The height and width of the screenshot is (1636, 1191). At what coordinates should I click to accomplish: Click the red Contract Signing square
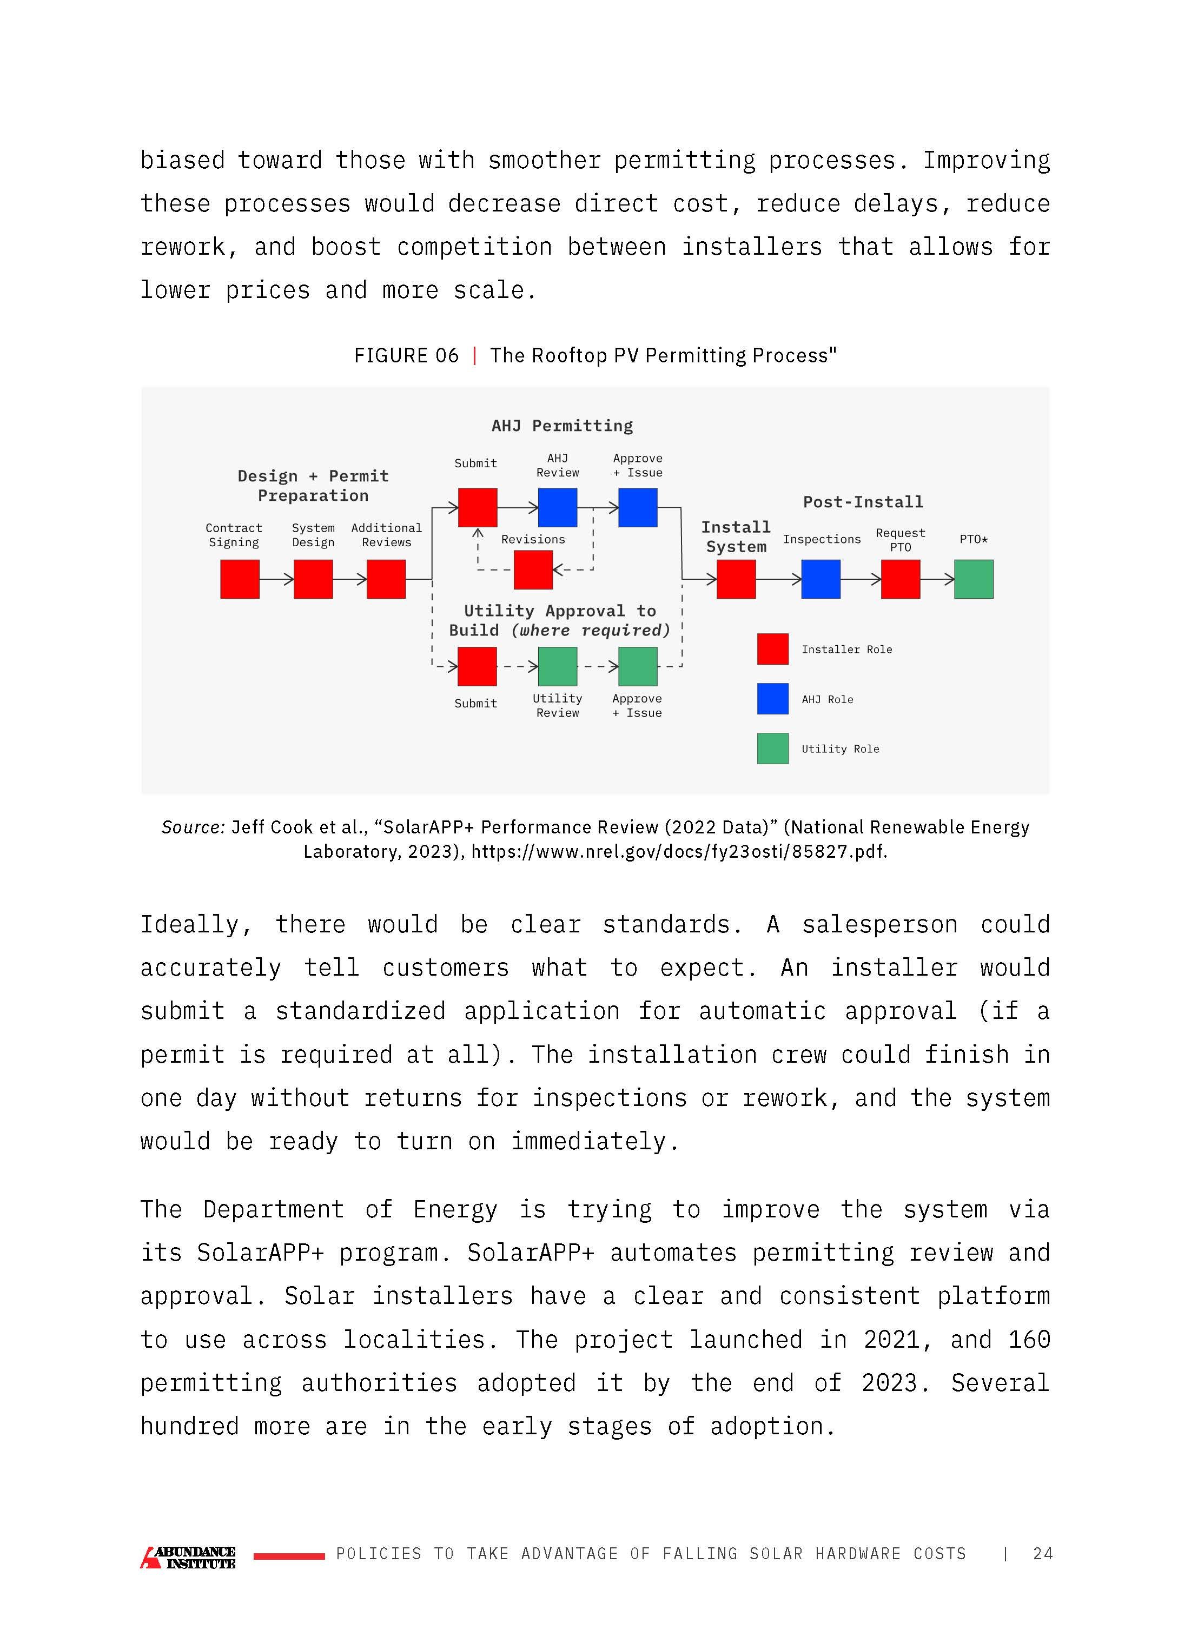pyautogui.click(x=240, y=579)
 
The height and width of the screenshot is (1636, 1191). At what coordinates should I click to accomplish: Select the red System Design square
pyautogui.click(x=313, y=579)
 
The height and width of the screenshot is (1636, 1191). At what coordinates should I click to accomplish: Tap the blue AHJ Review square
pyautogui.click(x=557, y=507)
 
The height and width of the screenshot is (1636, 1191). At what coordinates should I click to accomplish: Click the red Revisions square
pyautogui.click(x=533, y=570)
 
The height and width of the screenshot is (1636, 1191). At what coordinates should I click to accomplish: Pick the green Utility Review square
pyautogui.click(x=557, y=666)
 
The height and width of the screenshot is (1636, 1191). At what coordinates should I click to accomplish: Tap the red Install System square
pyautogui.click(x=736, y=579)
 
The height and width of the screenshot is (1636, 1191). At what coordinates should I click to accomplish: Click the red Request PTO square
pyautogui.click(x=901, y=579)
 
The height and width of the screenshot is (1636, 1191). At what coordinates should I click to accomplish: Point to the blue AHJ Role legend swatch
pyautogui.click(x=772, y=699)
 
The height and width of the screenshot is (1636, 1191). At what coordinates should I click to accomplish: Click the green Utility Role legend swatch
pyautogui.click(x=772, y=749)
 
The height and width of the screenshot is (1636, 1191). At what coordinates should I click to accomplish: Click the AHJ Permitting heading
pyautogui.click(x=562, y=426)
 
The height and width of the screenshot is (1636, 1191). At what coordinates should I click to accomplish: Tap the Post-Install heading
pyautogui.click(x=863, y=502)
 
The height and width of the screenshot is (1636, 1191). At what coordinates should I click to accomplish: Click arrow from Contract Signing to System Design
pyautogui.click(x=276, y=579)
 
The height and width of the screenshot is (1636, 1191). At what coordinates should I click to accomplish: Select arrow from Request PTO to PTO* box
pyautogui.click(x=937, y=579)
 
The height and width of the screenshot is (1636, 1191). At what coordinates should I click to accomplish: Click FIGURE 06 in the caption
pyautogui.click(x=406, y=356)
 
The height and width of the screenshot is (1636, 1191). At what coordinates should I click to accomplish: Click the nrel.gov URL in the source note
pyautogui.click(x=678, y=851)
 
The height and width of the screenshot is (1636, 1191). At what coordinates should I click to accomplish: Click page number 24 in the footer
pyautogui.click(x=1042, y=1553)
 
